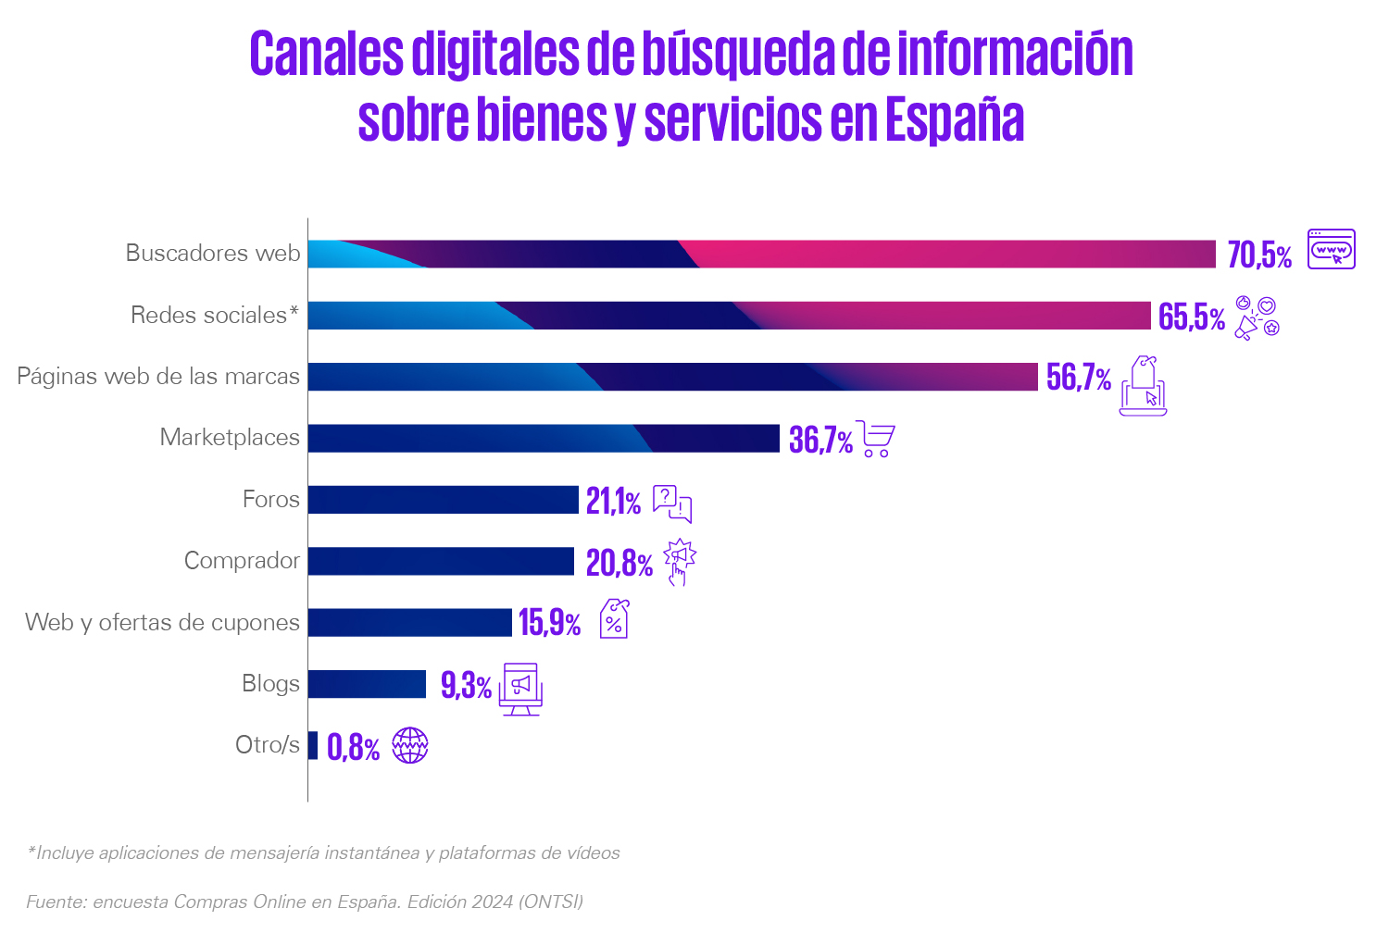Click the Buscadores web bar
click(x=761, y=255)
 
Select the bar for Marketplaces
click(x=544, y=439)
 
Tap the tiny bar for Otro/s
click(x=313, y=745)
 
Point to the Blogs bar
click(x=367, y=684)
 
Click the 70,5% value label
click(x=1259, y=255)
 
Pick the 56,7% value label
click(x=1079, y=377)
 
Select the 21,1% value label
click(x=613, y=501)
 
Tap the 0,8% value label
click(x=353, y=748)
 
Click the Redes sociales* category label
click(x=215, y=315)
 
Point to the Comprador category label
click(x=242, y=560)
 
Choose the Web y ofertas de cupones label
click(x=162, y=622)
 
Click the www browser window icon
click(x=1332, y=249)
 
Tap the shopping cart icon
click(x=876, y=439)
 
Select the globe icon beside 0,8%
click(x=410, y=745)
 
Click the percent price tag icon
click(x=615, y=618)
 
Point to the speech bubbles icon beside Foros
click(x=672, y=504)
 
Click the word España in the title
click(x=955, y=118)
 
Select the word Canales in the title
click(x=327, y=54)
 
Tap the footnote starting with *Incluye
click(x=323, y=853)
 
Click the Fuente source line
click(x=305, y=902)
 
